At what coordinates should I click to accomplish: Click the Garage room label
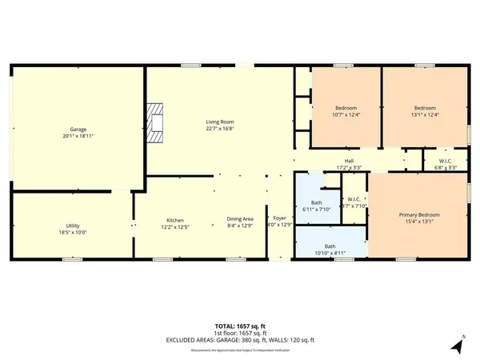78,130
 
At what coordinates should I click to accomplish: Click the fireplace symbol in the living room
155,122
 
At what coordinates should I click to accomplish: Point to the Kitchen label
176,220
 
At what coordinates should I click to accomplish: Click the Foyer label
280,218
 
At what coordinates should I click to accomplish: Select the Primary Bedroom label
419,214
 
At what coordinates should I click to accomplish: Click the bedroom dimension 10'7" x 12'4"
346,114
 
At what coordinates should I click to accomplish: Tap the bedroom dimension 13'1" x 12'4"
424,114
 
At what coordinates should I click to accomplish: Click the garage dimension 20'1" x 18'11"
78,136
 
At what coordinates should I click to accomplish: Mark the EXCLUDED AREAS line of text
240,339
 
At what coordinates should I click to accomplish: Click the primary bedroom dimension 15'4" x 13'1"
419,222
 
